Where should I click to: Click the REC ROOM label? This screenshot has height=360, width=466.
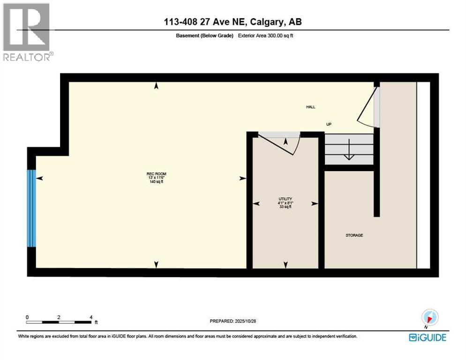click(x=157, y=174)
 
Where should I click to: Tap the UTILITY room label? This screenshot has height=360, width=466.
click(x=285, y=199)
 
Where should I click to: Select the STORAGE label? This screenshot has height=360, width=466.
click(x=354, y=235)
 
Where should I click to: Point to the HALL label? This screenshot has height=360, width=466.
click(x=310, y=107)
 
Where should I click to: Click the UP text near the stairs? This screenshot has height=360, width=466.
click(x=329, y=124)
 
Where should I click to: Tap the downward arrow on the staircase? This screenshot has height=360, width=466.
click(x=349, y=153)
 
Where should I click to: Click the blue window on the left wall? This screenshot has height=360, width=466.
click(x=31, y=208)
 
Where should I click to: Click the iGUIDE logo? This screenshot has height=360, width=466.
click(x=427, y=337)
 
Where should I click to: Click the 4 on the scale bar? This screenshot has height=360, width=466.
click(x=90, y=317)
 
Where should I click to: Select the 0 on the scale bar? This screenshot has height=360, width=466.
click(x=27, y=317)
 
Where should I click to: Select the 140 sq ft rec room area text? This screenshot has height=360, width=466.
click(x=157, y=182)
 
